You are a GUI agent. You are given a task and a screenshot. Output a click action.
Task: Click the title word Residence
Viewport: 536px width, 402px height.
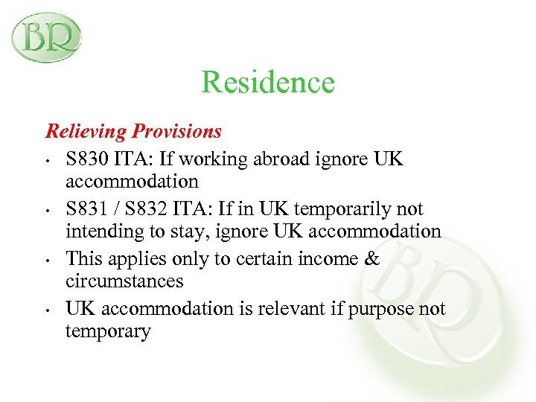(x=268, y=82)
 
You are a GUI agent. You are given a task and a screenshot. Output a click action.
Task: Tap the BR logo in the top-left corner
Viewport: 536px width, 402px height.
(x=46, y=37)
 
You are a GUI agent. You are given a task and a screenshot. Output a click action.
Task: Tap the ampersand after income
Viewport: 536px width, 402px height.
(x=372, y=258)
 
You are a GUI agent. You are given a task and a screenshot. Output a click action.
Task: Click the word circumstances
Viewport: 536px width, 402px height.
(x=124, y=281)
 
